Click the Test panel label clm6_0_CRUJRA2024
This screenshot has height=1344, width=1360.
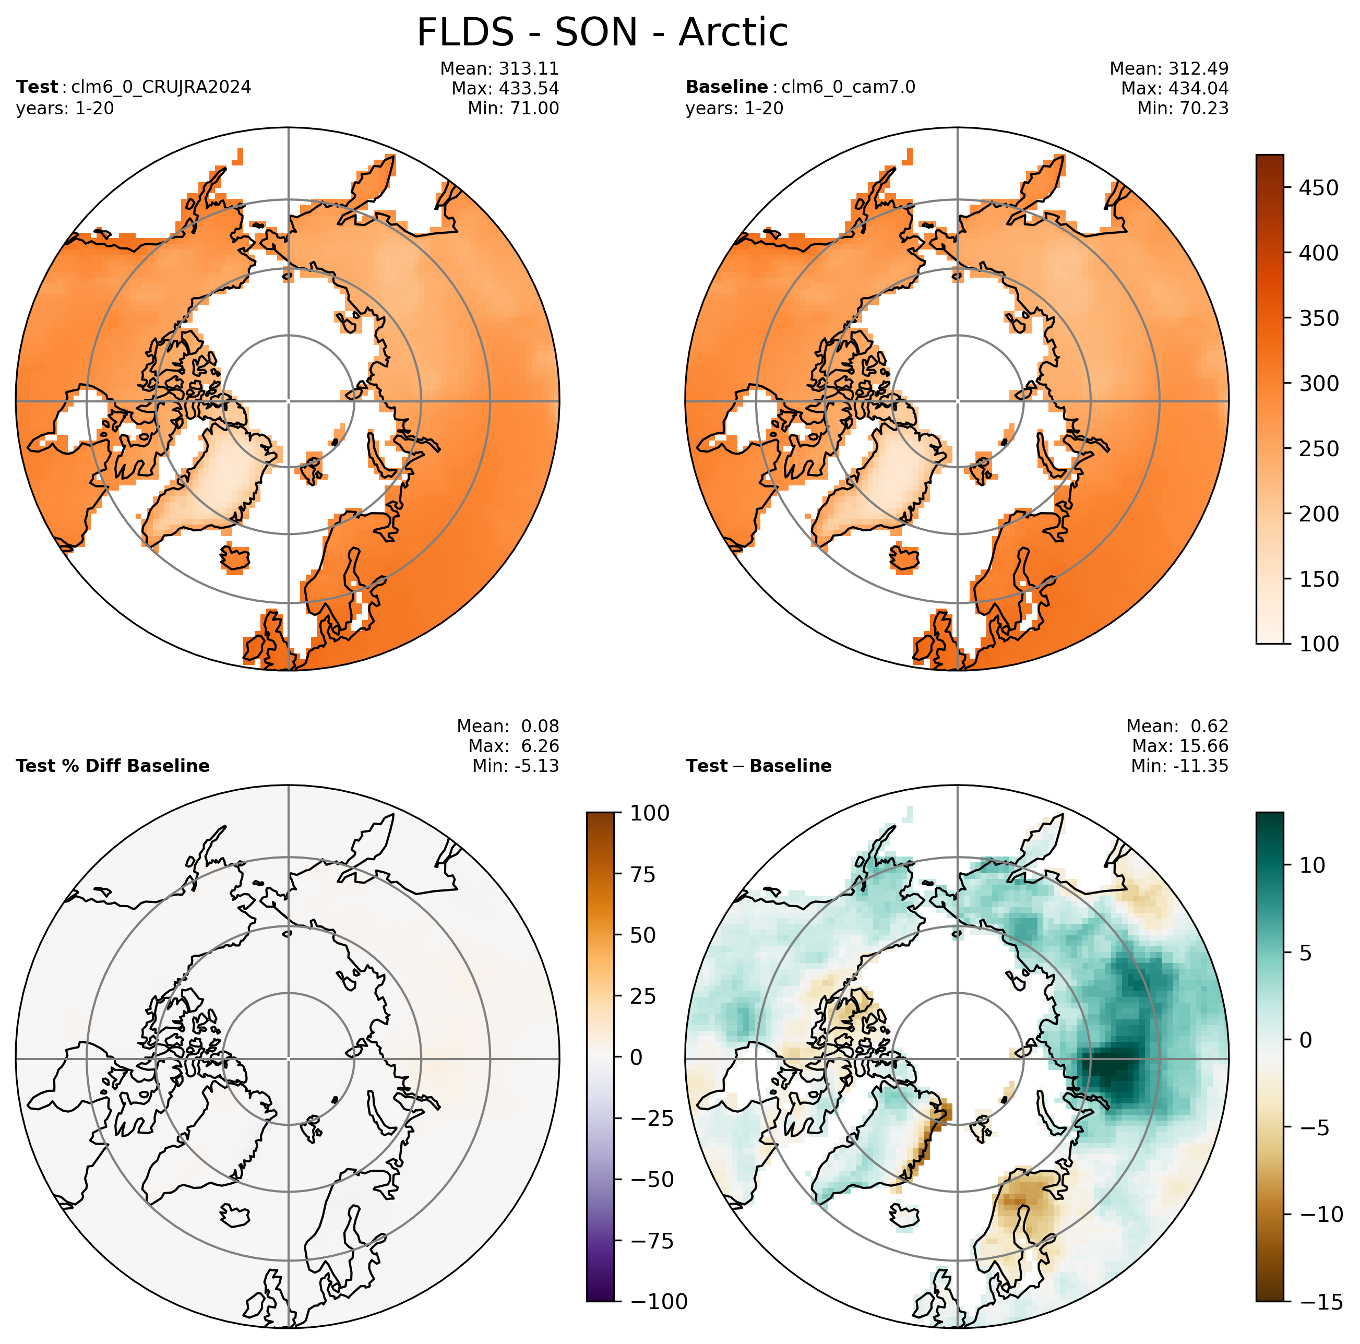tap(161, 87)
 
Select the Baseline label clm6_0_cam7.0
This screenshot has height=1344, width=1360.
tap(848, 87)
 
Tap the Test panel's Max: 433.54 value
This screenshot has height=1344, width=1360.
tap(505, 89)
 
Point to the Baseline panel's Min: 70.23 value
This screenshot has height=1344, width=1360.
tap(1183, 109)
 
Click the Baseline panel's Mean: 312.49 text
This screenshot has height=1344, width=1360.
tap(1169, 69)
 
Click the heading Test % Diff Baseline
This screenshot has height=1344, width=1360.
tap(113, 766)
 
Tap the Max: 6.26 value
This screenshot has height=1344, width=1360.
tap(513, 745)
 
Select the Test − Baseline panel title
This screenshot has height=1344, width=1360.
tap(759, 766)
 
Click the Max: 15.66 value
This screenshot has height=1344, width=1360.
tap(1180, 745)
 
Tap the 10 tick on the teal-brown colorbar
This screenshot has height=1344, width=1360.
tap(1313, 865)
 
